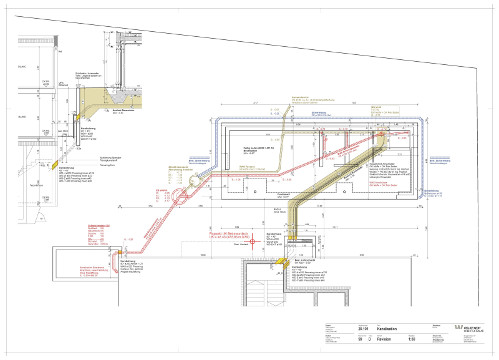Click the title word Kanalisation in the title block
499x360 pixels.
(384, 328)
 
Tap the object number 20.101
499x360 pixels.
(363, 328)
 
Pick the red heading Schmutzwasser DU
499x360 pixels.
(98, 225)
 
